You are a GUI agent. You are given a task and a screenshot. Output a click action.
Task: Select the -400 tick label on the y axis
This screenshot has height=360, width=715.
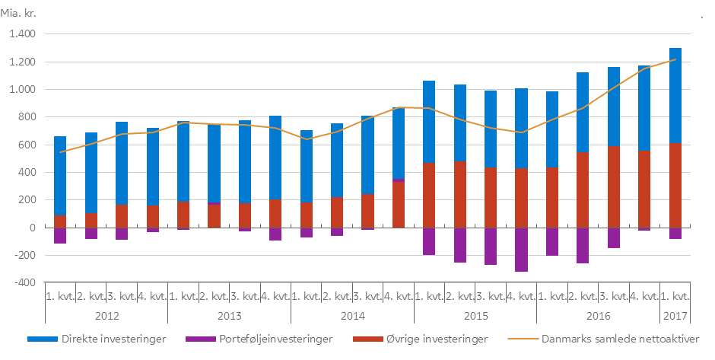pyautogui.click(x=24, y=283)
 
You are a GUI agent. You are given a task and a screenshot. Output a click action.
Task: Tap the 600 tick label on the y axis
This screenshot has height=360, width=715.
pyautogui.click(x=29, y=145)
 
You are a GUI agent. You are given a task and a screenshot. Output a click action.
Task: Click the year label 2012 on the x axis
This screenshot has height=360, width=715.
pyautogui.click(x=106, y=314)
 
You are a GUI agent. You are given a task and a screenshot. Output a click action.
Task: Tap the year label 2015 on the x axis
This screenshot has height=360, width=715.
pyautogui.click(x=475, y=314)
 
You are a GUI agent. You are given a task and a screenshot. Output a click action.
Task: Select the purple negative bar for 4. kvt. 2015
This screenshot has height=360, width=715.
pyautogui.click(x=521, y=250)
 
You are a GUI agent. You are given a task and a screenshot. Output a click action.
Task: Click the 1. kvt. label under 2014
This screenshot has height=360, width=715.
pyautogui.click(x=307, y=295)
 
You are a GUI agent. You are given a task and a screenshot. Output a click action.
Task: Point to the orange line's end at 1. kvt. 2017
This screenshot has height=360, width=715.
pyautogui.click(x=675, y=59)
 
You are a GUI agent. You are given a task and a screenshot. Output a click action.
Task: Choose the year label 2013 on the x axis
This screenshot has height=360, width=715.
pyautogui.click(x=230, y=314)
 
